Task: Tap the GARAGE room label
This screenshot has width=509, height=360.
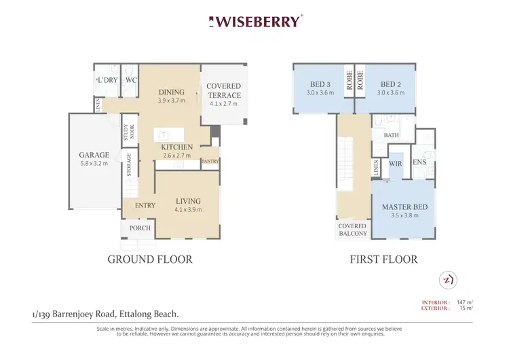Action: (94, 155)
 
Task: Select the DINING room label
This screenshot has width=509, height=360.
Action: (171, 93)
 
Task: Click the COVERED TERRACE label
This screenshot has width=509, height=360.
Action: (223, 91)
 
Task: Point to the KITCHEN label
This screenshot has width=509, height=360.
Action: (176, 147)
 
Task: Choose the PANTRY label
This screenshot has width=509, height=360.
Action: (210, 162)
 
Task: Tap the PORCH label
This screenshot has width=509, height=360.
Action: (140, 228)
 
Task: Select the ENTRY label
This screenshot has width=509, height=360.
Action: (145, 206)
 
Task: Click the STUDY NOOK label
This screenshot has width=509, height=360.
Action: (128, 132)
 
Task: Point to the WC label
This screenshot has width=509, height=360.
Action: (132, 80)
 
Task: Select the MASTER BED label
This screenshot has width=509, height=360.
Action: (404, 207)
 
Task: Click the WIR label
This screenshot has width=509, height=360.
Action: (395, 163)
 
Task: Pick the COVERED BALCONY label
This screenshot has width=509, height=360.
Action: (353, 230)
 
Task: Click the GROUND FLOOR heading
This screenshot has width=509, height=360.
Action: (150, 259)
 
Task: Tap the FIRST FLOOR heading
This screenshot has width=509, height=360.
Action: (383, 259)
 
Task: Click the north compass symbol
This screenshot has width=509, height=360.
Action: (447, 279)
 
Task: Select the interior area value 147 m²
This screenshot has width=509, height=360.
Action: (464, 302)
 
